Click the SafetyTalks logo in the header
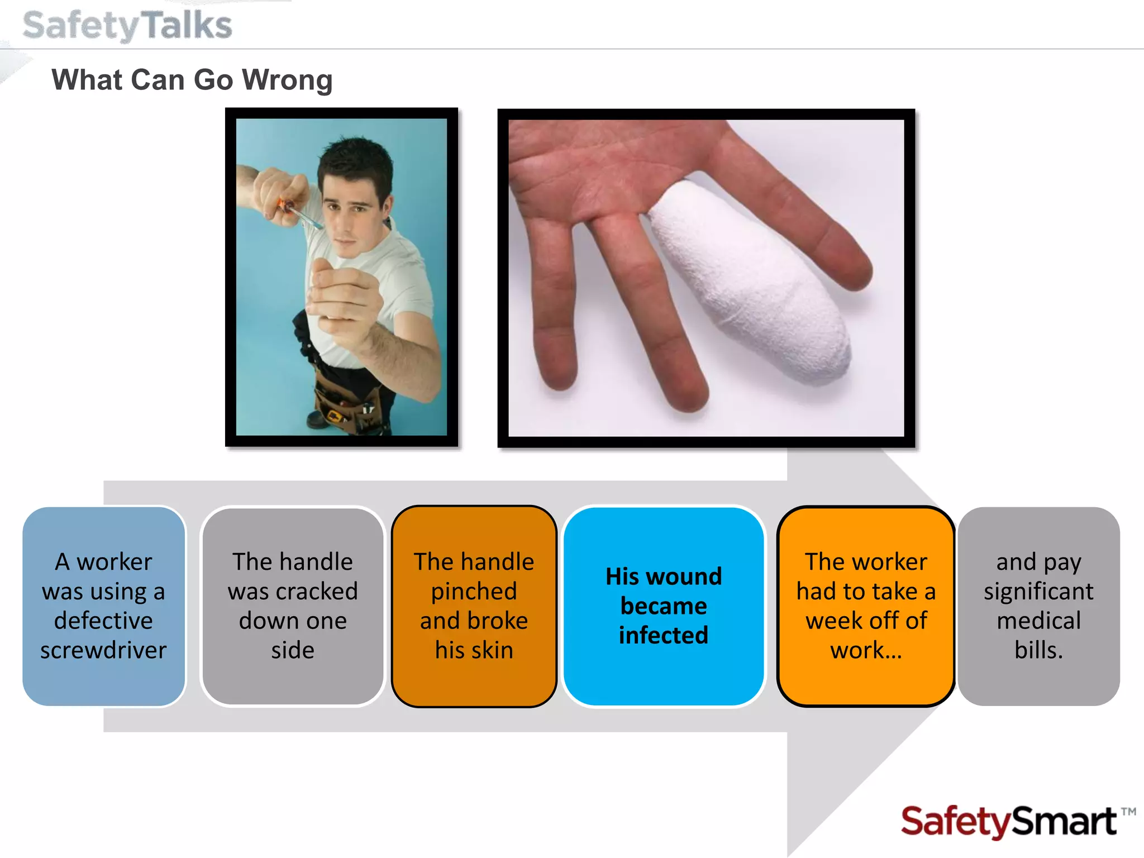click(x=127, y=26)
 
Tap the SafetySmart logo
click(x=1008, y=822)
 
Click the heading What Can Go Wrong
click(x=192, y=80)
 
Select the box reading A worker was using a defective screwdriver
click(x=104, y=606)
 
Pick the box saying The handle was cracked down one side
click(x=293, y=606)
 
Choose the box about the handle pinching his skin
click(x=474, y=606)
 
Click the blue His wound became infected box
click(x=664, y=606)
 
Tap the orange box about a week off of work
click(x=866, y=606)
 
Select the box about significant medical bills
click(x=1038, y=606)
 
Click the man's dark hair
click(x=357, y=162)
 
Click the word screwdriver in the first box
click(x=104, y=650)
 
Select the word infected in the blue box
click(x=664, y=635)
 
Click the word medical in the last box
click(x=1038, y=621)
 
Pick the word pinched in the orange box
click(x=474, y=591)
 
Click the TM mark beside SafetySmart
click(x=1128, y=812)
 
